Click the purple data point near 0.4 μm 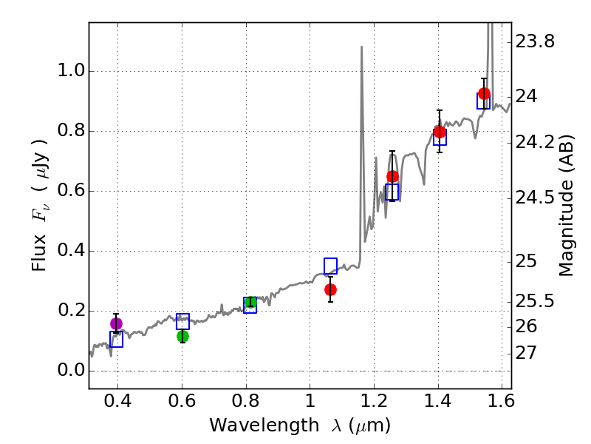point(116,323)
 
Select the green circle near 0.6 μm point(182,336)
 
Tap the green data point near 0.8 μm point(250,302)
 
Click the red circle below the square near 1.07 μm point(330,289)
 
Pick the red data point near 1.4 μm point(440,132)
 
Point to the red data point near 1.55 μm point(484,93)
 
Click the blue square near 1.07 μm point(330,266)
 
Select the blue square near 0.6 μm point(182,321)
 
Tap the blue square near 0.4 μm point(116,340)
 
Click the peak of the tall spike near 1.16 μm point(361,47)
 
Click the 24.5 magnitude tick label point(535,198)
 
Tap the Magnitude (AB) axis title point(567,205)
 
